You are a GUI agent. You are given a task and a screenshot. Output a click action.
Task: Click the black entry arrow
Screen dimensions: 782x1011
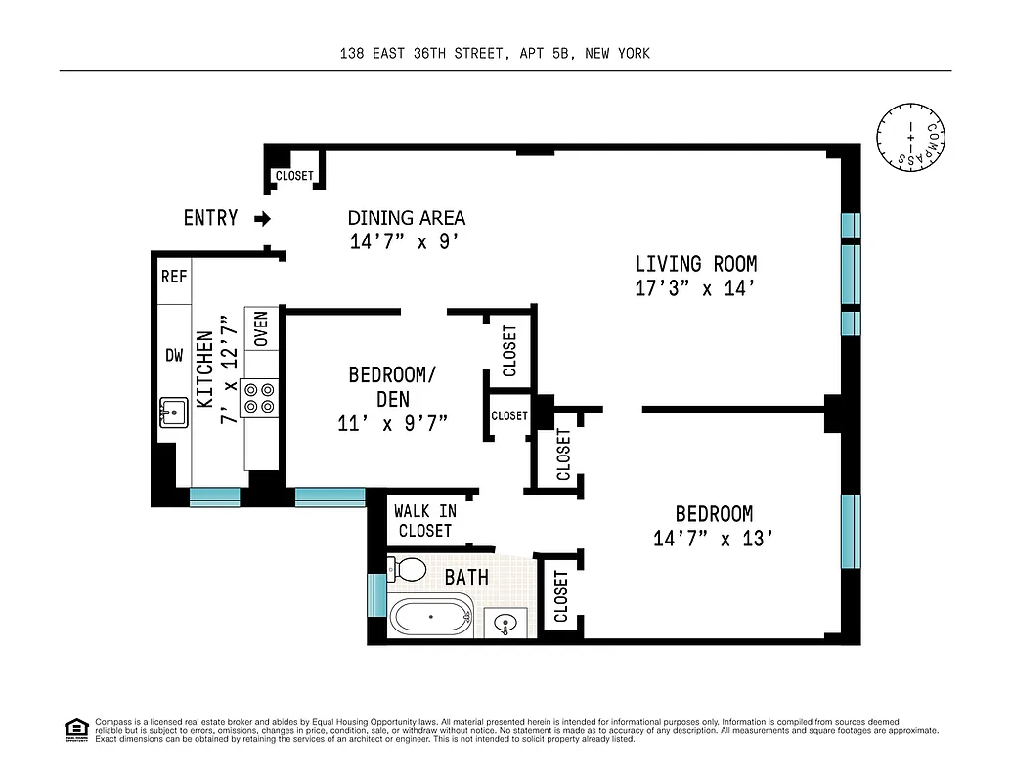tap(261, 219)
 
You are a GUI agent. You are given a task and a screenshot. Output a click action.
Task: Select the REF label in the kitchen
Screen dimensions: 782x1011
tap(173, 277)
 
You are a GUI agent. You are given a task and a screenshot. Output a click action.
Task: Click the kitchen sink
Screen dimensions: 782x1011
tap(173, 413)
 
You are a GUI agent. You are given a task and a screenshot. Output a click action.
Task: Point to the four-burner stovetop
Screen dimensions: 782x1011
tap(260, 397)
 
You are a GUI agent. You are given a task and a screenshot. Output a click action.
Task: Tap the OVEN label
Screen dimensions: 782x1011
tap(261, 329)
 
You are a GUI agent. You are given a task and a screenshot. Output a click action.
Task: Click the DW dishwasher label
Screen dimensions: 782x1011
tap(173, 356)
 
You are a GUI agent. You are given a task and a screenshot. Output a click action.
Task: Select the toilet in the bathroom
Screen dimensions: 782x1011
tap(407, 569)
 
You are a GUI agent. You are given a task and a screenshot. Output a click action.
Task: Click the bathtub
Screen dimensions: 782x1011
tap(431, 619)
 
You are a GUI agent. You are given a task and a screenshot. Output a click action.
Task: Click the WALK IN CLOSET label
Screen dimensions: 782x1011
tap(424, 520)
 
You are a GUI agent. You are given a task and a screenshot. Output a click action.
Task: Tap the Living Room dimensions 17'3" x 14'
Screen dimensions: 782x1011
tap(695, 289)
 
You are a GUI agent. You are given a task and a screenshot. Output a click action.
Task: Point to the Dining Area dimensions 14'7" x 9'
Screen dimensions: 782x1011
tap(405, 242)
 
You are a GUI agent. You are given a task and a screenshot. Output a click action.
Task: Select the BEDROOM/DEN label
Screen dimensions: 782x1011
tap(392, 387)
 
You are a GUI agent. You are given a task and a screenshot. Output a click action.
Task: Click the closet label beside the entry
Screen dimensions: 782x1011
tap(294, 176)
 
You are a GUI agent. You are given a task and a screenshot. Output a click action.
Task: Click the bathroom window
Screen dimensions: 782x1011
tap(376, 594)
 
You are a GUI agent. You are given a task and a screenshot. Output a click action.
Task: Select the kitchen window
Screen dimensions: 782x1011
tap(214, 498)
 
